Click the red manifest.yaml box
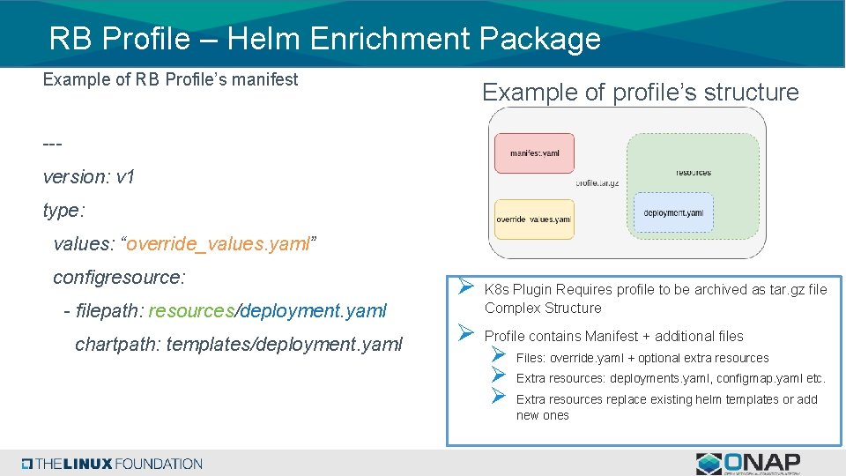pyautogui.click(x=534, y=153)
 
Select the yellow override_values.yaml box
pyautogui.click(x=533, y=219)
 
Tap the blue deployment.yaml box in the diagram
pyautogui.click(x=673, y=212)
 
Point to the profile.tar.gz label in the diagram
pyautogui.click(x=597, y=183)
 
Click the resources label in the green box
pyautogui.click(x=694, y=173)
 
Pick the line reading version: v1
pyautogui.click(x=88, y=177)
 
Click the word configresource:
pyautogui.click(x=119, y=278)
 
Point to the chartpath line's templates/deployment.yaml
pyautogui.click(x=284, y=344)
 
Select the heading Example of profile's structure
pyautogui.click(x=640, y=93)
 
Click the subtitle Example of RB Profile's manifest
pyautogui.click(x=170, y=79)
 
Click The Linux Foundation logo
pyautogui.click(x=113, y=464)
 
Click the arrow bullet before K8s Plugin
pyautogui.click(x=466, y=288)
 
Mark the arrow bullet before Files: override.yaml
pyautogui.click(x=498, y=357)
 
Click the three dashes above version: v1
pyautogui.click(x=52, y=143)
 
